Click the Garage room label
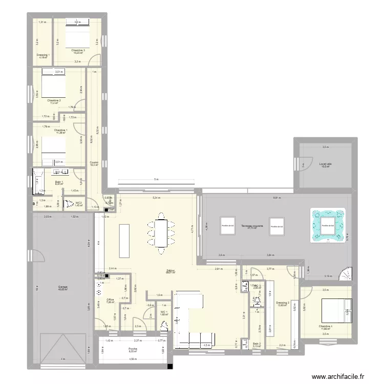pos(63,287)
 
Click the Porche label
pos(133,350)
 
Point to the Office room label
pos(110,300)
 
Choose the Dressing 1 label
pos(42,55)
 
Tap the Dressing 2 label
pos(282,303)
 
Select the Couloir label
pos(94,163)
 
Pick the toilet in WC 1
pos(164,326)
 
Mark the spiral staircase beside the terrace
pos(345,274)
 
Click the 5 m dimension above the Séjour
pos(156,180)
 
